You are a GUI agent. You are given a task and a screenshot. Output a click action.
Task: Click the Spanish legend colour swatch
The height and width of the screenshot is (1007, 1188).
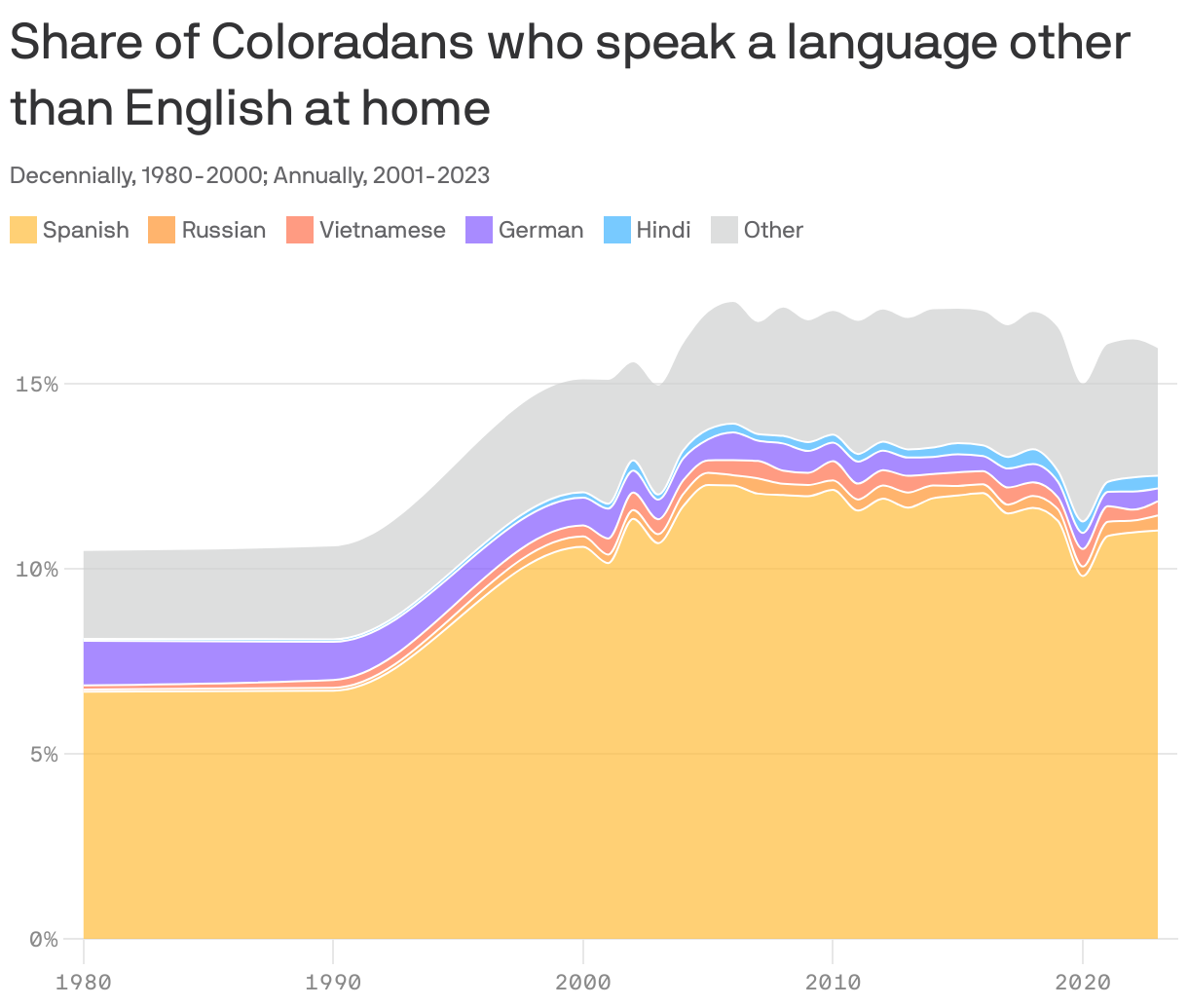(23, 230)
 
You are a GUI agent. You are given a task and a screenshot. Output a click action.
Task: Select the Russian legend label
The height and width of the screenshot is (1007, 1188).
(223, 230)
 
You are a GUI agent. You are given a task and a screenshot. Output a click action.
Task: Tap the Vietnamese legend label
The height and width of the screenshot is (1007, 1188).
(382, 230)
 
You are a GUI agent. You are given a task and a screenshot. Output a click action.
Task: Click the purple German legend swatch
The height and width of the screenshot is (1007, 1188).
(479, 230)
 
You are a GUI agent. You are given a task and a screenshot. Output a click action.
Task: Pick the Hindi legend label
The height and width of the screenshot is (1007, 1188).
(663, 230)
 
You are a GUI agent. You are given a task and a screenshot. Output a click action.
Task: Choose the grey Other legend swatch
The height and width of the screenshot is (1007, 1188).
(724, 230)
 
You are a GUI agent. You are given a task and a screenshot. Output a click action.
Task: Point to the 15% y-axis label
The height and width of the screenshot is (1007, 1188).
(37, 384)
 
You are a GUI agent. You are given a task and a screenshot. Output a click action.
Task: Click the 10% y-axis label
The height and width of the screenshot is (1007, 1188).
(37, 569)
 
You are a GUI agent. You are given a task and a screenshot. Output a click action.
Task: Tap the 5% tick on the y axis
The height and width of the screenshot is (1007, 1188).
(43, 754)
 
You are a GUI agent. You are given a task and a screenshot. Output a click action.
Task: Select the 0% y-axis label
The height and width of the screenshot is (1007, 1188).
(43, 939)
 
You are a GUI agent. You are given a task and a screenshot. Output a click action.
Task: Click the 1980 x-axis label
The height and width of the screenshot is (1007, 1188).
(84, 982)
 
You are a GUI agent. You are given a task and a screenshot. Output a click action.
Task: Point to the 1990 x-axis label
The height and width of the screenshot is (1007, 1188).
(333, 982)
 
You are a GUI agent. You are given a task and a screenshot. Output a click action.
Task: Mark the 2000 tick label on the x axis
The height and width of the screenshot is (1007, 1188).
(582, 982)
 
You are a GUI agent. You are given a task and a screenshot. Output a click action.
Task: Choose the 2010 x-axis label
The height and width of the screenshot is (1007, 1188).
(832, 982)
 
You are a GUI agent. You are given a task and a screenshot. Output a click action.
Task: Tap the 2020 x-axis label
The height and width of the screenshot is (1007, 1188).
(1081, 982)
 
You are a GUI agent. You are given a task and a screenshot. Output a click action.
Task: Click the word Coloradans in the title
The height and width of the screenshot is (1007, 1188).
(342, 44)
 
